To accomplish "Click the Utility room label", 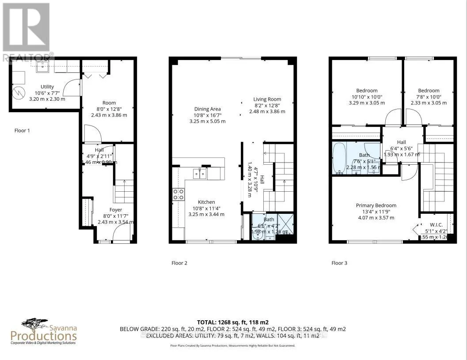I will [x=47, y=87].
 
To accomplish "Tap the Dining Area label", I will [x=207, y=109].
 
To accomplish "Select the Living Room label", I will [x=267, y=99].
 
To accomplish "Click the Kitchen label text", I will [x=206, y=202].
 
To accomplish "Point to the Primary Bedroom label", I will [x=376, y=205].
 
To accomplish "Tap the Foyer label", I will [x=116, y=210].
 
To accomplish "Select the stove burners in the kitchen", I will [x=178, y=195].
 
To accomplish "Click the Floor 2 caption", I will [x=179, y=263].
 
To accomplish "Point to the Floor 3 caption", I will [x=339, y=263].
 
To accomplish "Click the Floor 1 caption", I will [x=22, y=131].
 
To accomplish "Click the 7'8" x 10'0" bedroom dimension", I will [x=429, y=97].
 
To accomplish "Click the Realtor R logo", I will [x=26, y=27].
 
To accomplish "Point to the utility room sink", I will [x=44, y=67].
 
